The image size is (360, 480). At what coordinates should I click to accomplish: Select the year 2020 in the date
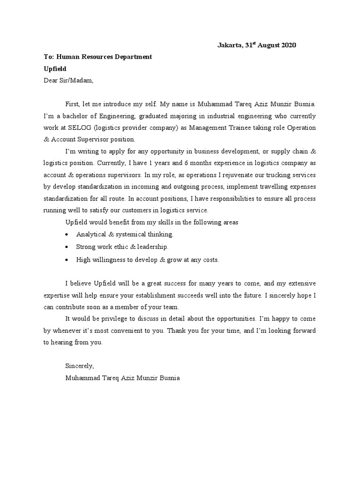click(x=287, y=45)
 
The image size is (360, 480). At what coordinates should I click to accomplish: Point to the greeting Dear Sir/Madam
click(x=68, y=80)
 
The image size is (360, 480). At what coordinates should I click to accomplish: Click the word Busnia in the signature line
click(x=168, y=377)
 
